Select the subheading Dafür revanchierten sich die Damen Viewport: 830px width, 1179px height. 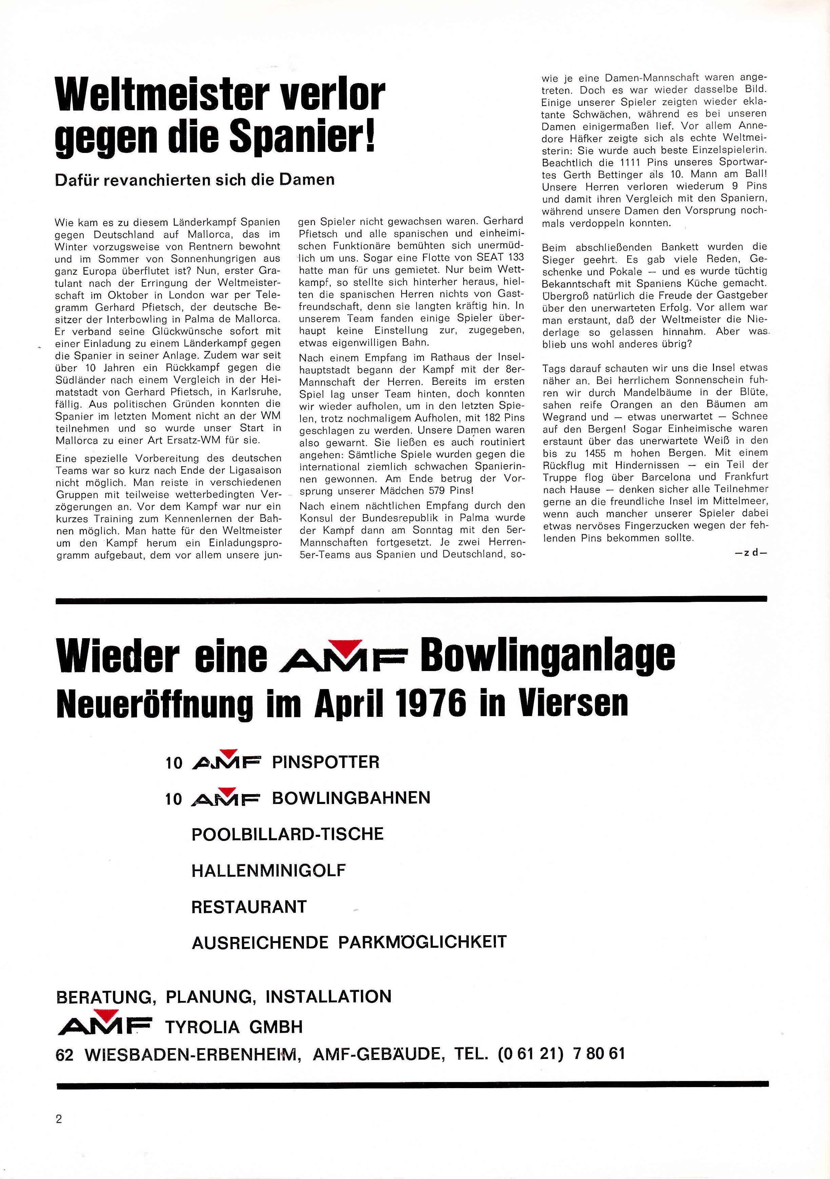pyautogui.click(x=195, y=180)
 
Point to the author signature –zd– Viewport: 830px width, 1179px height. pyautogui.click(x=751, y=553)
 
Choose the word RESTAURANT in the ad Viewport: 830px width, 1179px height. pyautogui.click(x=249, y=907)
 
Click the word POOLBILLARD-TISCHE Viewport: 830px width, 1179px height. pyautogui.click(x=288, y=834)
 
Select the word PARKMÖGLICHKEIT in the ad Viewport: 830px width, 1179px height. pyautogui.click(x=422, y=942)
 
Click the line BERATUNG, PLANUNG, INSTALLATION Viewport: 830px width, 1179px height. pyautogui.click(x=224, y=996)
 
